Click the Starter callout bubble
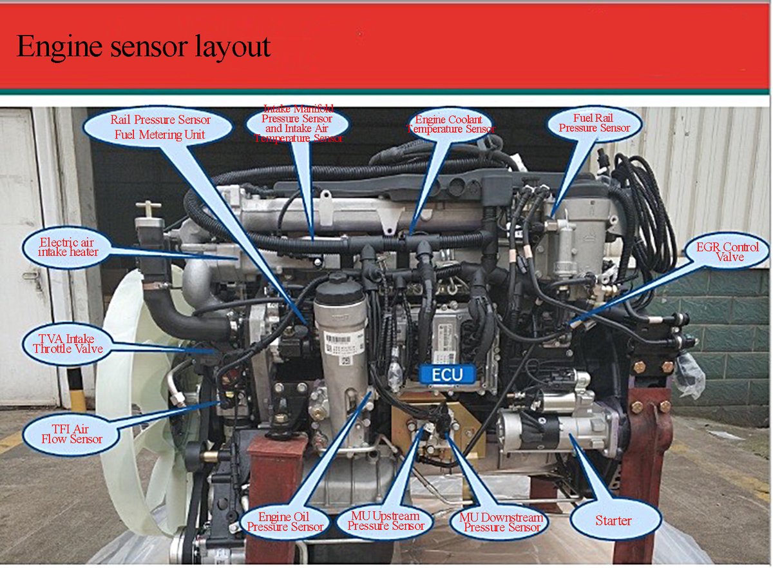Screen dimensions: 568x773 click(x=613, y=520)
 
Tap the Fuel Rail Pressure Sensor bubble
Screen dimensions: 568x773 click(x=594, y=123)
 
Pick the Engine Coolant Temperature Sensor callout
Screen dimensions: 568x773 click(x=450, y=124)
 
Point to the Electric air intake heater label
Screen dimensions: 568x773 click(x=67, y=248)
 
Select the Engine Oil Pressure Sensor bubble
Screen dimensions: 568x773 click(x=284, y=521)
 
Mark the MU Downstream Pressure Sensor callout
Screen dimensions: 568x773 click(x=501, y=522)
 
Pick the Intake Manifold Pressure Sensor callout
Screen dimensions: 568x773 click(x=297, y=124)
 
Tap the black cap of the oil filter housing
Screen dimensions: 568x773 click(x=339, y=290)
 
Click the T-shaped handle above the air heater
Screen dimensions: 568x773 click(x=148, y=209)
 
